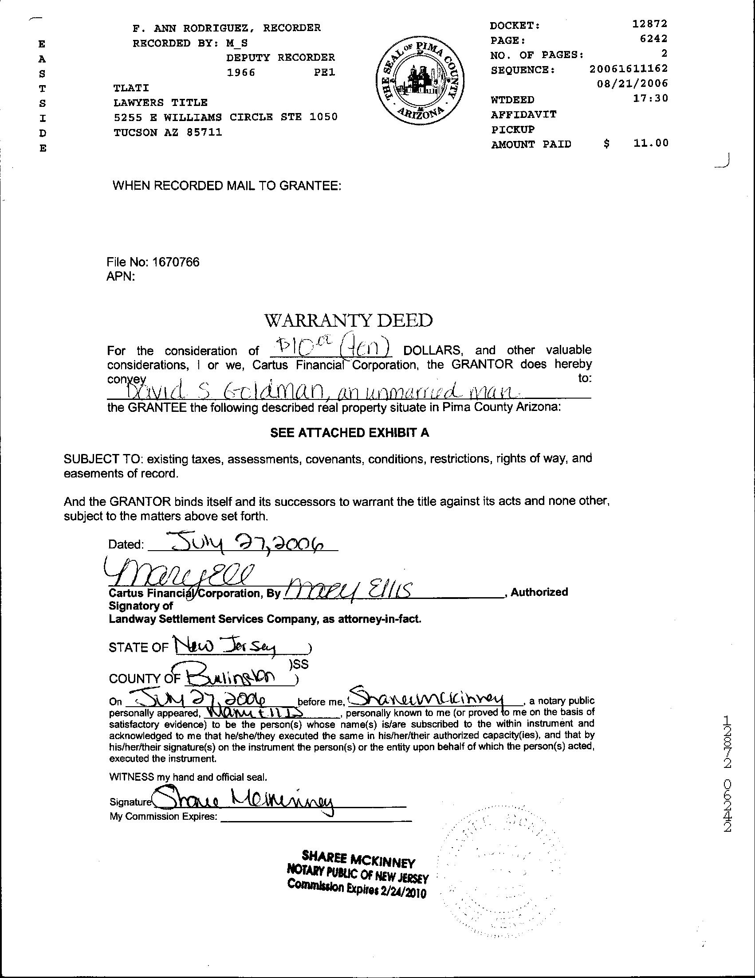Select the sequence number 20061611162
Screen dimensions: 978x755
tap(628, 69)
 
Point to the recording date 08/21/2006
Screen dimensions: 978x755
tap(632, 83)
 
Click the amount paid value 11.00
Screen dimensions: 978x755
tap(651, 143)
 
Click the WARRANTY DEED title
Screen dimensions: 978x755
tap(349, 321)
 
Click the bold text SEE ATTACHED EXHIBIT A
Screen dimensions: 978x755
tap(350, 433)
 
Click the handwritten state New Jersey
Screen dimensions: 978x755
tap(227, 646)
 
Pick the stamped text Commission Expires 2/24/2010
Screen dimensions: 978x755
tap(357, 888)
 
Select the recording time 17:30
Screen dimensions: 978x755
tap(650, 98)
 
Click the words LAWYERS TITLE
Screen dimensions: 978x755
tap(161, 102)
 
